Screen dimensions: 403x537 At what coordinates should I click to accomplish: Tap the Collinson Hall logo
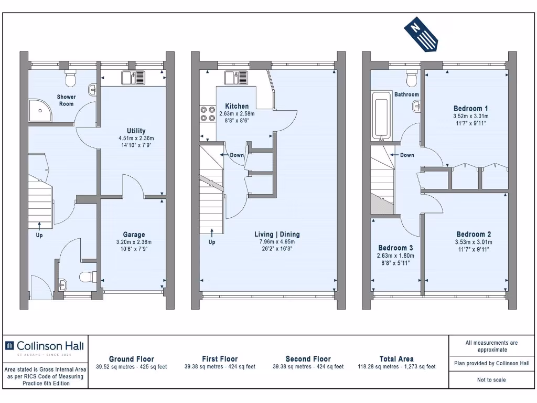click(x=44, y=346)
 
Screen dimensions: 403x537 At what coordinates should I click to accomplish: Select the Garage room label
click(x=134, y=235)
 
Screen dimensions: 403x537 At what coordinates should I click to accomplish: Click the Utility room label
click(x=136, y=131)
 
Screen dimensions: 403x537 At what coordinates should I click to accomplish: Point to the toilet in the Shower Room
click(x=70, y=79)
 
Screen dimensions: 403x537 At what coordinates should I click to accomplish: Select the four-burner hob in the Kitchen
click(x=208, y=114)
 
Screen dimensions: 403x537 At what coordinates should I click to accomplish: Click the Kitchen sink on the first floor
click(x=234, y=78)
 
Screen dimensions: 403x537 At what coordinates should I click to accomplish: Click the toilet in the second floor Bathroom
click(x=412, y=78)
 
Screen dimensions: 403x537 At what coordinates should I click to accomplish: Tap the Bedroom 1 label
click(x=470, y=108)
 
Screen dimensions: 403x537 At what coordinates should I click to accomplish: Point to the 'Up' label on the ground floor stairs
click(x=39, y=236)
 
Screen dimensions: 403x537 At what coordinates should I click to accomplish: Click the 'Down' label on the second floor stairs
click(x=407, y=155)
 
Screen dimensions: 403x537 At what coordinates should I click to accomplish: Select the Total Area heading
click(x=396, y=359)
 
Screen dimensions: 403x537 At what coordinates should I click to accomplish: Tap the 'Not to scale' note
click(x=491, y=380)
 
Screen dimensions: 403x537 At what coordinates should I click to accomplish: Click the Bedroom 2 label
click(x=474, y=234)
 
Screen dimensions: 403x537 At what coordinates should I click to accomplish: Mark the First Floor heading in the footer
click(x=220, y=359)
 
